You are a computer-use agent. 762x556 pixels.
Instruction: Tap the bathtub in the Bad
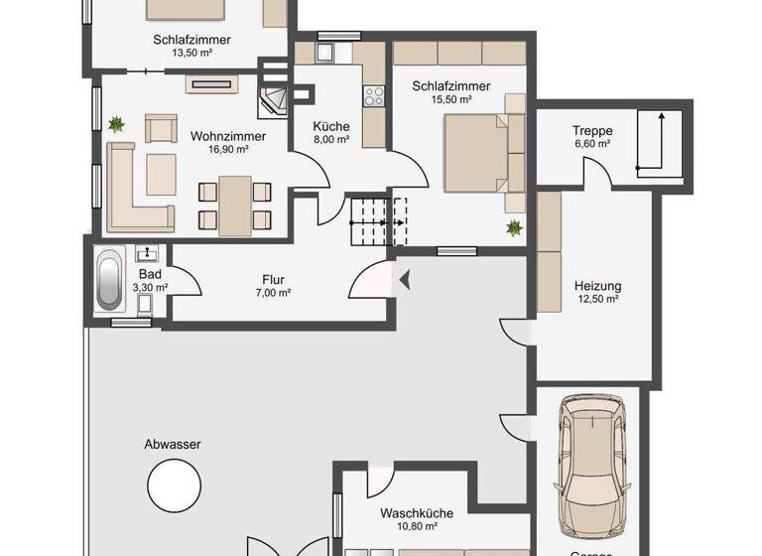(109, 281)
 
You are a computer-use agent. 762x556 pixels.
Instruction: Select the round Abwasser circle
(173, 486)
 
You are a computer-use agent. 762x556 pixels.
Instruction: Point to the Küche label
(330, 126)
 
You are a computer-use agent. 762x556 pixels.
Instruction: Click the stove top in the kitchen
(375, 96)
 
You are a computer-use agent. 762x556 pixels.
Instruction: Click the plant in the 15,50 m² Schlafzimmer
(514, 229)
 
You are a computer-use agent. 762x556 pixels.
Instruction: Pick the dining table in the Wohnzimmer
(235, 204)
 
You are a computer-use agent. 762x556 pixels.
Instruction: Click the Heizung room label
(597, 286)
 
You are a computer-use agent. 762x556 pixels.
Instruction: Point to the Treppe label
(591, 130)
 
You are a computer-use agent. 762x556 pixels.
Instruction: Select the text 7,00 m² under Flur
(272, 293)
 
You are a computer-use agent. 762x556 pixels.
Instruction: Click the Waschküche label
(417, 513)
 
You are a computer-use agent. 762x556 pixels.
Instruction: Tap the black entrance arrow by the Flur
(403, 283)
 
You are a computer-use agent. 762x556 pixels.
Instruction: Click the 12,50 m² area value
(597, 299)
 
